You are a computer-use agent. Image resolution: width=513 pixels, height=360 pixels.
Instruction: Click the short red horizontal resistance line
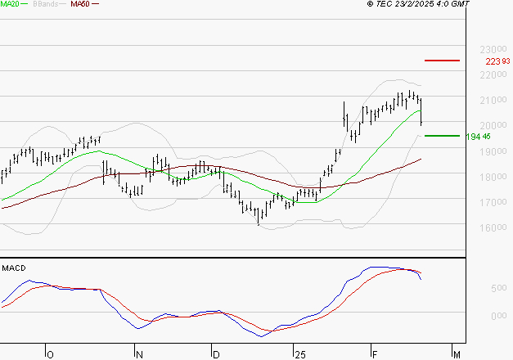442,61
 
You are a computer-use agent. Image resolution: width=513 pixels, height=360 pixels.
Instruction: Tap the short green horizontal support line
442,136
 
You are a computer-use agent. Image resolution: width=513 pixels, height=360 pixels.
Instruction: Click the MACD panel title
14,268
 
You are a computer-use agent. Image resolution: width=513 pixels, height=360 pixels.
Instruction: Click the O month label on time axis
50,354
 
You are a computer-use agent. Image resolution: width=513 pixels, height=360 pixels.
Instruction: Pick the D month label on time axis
215,354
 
